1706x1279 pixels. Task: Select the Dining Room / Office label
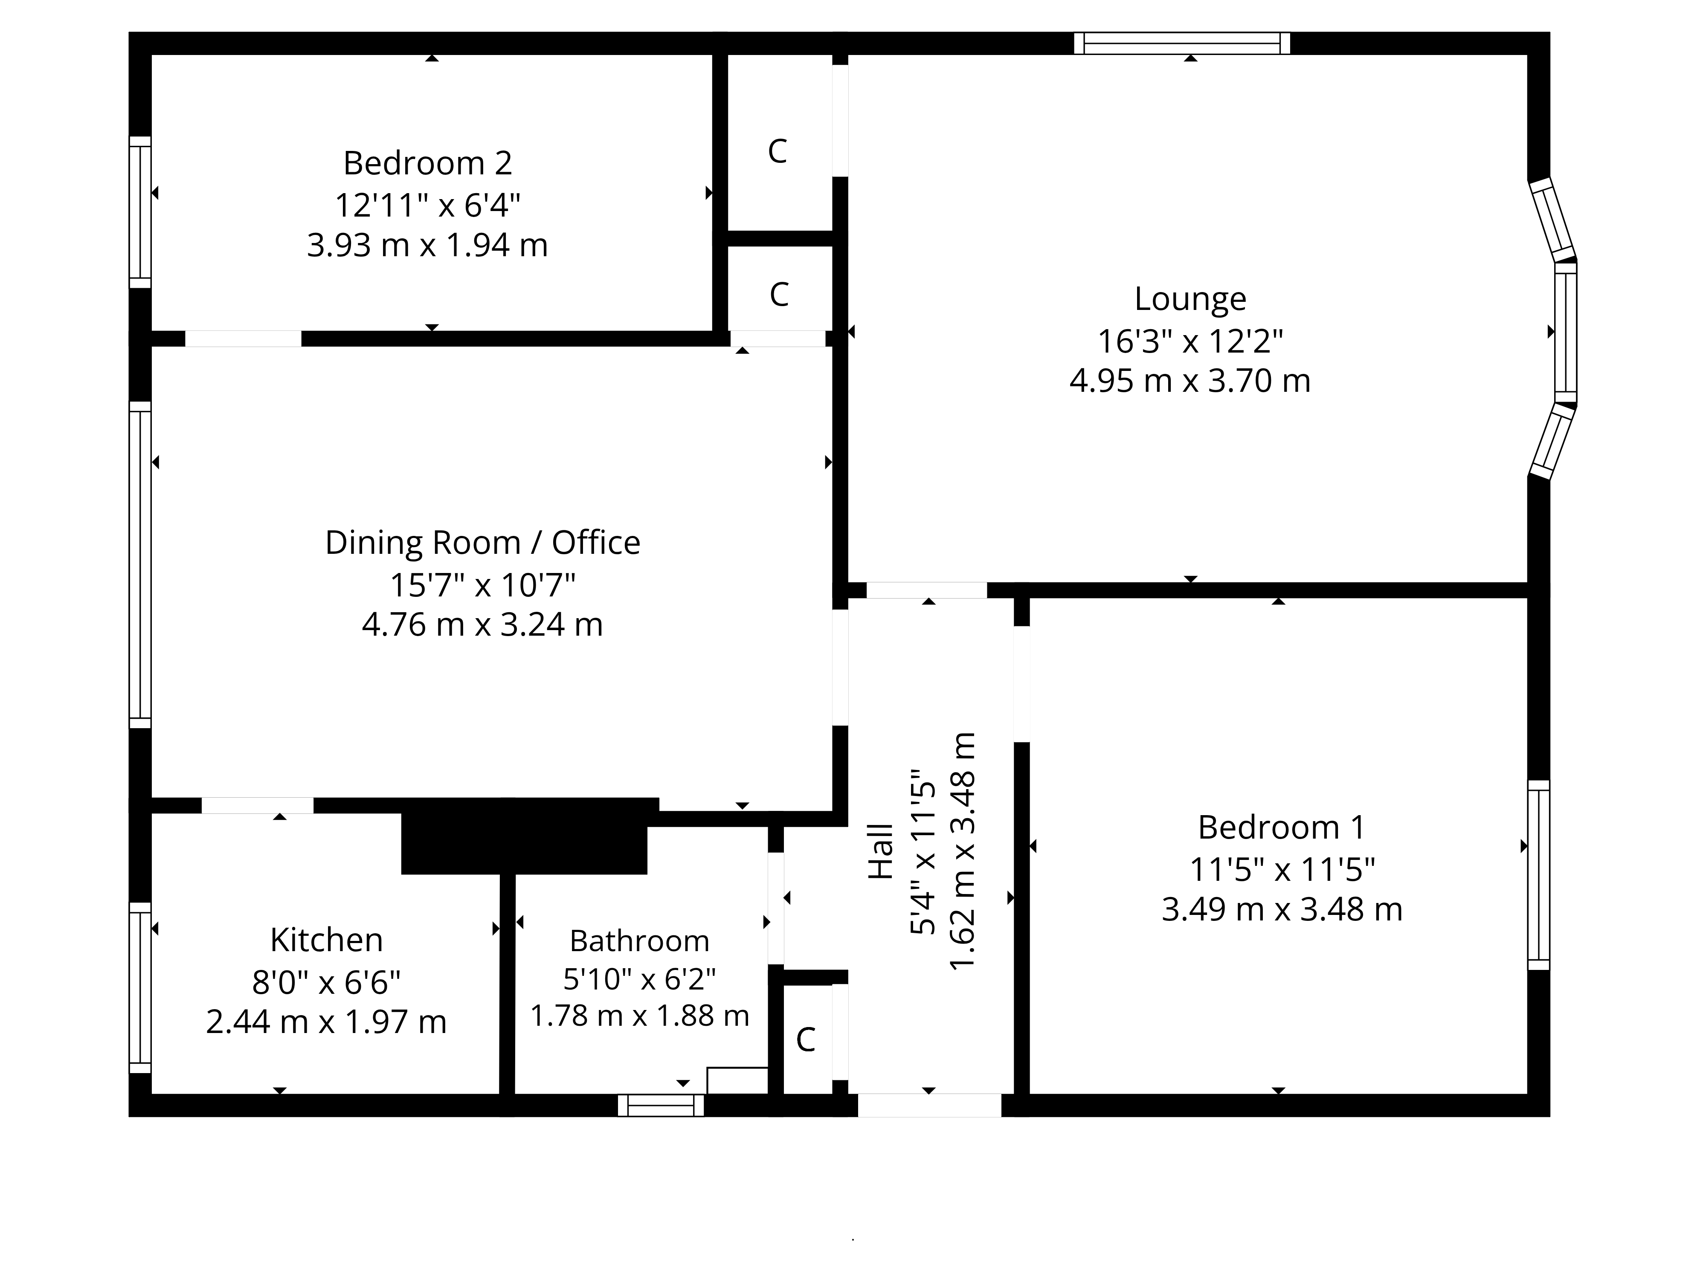482,543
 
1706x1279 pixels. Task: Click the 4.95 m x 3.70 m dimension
1190,381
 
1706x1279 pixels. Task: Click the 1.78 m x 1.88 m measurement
639,1016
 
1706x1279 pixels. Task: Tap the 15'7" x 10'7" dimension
482,585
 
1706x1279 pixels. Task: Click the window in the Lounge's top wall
1182,43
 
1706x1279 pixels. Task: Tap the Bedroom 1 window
1539,875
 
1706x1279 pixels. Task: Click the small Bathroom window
661,1105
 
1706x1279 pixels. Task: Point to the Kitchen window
139,987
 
